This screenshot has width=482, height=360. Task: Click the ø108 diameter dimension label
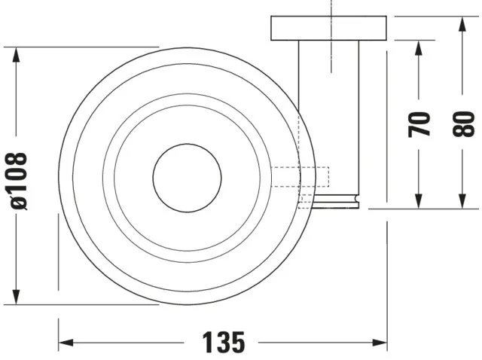(20, 180)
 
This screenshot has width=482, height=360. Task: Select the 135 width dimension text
(224, 343)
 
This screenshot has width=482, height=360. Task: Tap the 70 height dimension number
(419, 124)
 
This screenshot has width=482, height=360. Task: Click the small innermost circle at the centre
(187, 177)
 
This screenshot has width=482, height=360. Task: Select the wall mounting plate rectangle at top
(329, 28)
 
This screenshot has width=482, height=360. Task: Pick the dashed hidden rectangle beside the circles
(301, 177)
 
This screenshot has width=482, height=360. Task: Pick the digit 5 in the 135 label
(237, 343)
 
